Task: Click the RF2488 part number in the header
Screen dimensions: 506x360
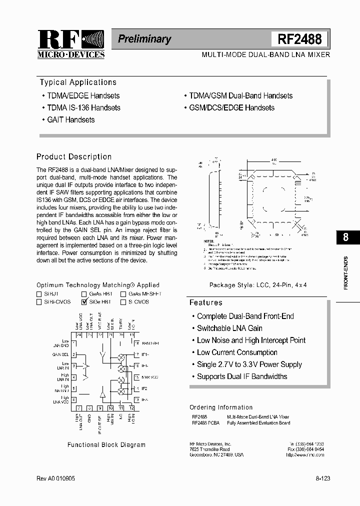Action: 299,39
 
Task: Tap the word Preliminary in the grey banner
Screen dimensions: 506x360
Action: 144,39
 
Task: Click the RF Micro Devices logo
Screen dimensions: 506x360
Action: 70,44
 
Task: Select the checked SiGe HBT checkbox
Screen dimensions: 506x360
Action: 83,302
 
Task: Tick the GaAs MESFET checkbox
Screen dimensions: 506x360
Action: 123,294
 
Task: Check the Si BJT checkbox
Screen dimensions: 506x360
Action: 39,294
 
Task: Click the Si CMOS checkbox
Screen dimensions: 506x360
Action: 123,302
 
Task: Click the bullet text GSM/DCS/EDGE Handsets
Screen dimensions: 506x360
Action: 231,108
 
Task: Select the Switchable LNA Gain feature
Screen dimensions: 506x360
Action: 229,328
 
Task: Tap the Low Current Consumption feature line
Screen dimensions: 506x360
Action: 237,352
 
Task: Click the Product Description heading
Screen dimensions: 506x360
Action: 74,156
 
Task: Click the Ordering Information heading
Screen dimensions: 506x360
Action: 221,407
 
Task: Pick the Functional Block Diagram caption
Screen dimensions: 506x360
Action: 106,444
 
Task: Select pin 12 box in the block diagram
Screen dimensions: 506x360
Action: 131,408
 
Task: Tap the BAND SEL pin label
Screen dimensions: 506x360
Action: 150,343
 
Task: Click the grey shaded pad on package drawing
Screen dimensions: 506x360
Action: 298,183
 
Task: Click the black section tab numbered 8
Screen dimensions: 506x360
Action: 345,237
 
